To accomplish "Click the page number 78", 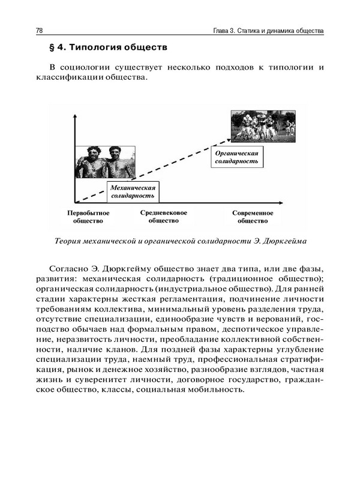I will click(40, 30).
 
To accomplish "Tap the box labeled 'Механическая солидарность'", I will click(133, 191).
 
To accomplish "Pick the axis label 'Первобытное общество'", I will click(88, 216).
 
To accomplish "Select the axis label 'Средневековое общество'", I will click(164, 216).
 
